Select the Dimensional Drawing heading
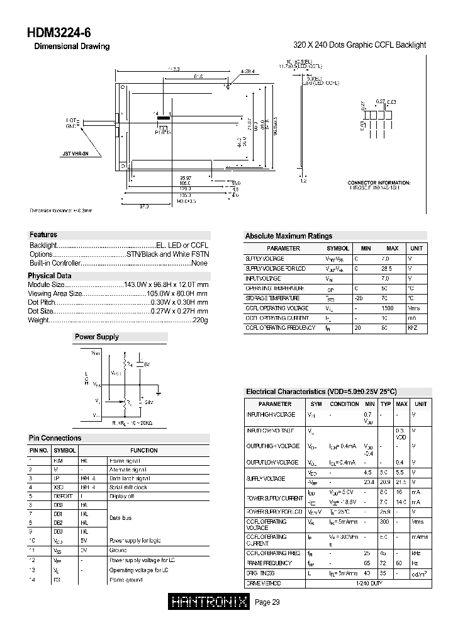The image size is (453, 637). [71, 47]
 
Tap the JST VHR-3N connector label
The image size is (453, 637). [76, 153]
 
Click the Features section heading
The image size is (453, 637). [43, 235]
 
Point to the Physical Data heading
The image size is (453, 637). [50, 276]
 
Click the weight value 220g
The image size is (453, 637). [200, 320]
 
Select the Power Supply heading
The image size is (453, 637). [96, 337]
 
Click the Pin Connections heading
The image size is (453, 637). [55, 438]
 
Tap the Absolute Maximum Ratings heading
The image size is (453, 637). [288, 236]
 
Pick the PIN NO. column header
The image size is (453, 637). [38, 451]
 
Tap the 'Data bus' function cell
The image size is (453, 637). [121, 517]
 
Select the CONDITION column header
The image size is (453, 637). [344, 404]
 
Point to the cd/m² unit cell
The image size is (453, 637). [420, 574]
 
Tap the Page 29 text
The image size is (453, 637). [267, 602]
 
